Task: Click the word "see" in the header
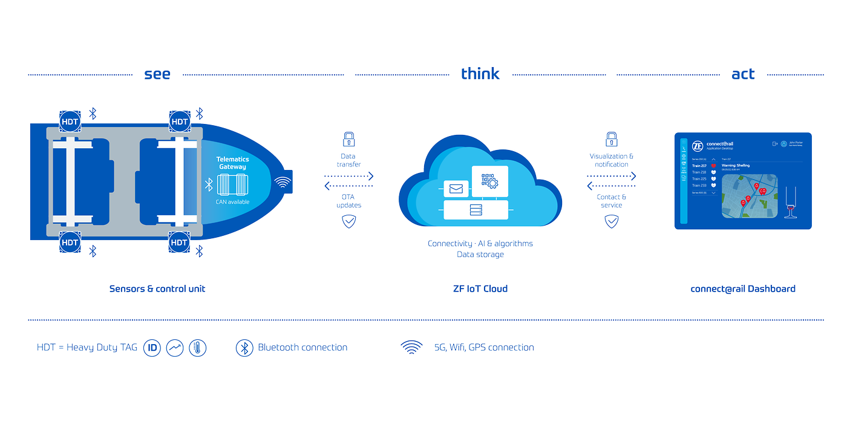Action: [x=157, y=74]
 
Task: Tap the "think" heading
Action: [x=480, y=74]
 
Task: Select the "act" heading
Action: [x=743, y=74]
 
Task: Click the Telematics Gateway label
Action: [x=233, y=163]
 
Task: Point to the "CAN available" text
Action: [x=233, y=202]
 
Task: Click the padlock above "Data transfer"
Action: [x=348, y=139]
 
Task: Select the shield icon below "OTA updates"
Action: [x=349, y=221]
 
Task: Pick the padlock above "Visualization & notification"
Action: [x=612, y=139]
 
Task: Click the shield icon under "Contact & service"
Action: [x=612, y=221]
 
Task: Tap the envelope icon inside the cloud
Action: [x=456, y=189]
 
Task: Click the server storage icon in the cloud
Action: [x=476, y=210]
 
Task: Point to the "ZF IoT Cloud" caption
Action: [x=480, y=288]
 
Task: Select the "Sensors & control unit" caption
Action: [x=157, y=288]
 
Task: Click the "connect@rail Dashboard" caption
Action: [x=743, y=288]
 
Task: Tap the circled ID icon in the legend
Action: [x=152, y=348]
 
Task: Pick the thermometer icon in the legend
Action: [x=198, y=348]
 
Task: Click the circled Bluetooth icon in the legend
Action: [x=244, y=348]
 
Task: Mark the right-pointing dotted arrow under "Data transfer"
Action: [x=349, y=177]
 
